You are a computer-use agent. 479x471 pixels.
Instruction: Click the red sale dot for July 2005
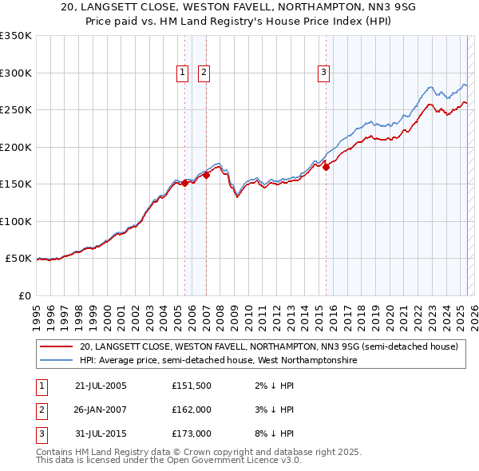tap(184, 183)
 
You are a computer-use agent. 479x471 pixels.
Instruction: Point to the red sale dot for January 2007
tap(206, 176)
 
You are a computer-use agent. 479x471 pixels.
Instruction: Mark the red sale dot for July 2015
tap(326, 167)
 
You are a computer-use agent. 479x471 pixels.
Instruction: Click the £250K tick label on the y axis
tap(16, 110)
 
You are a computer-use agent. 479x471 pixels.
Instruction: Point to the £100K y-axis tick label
tap(16, 221)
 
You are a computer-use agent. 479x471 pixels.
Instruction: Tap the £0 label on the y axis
tap(23, 295)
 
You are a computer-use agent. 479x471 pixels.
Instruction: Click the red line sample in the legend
tap(56, 346)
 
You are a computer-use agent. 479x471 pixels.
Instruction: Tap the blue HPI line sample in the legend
tap(56, 361)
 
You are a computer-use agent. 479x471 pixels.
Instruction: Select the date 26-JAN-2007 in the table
tap(101, 410)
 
